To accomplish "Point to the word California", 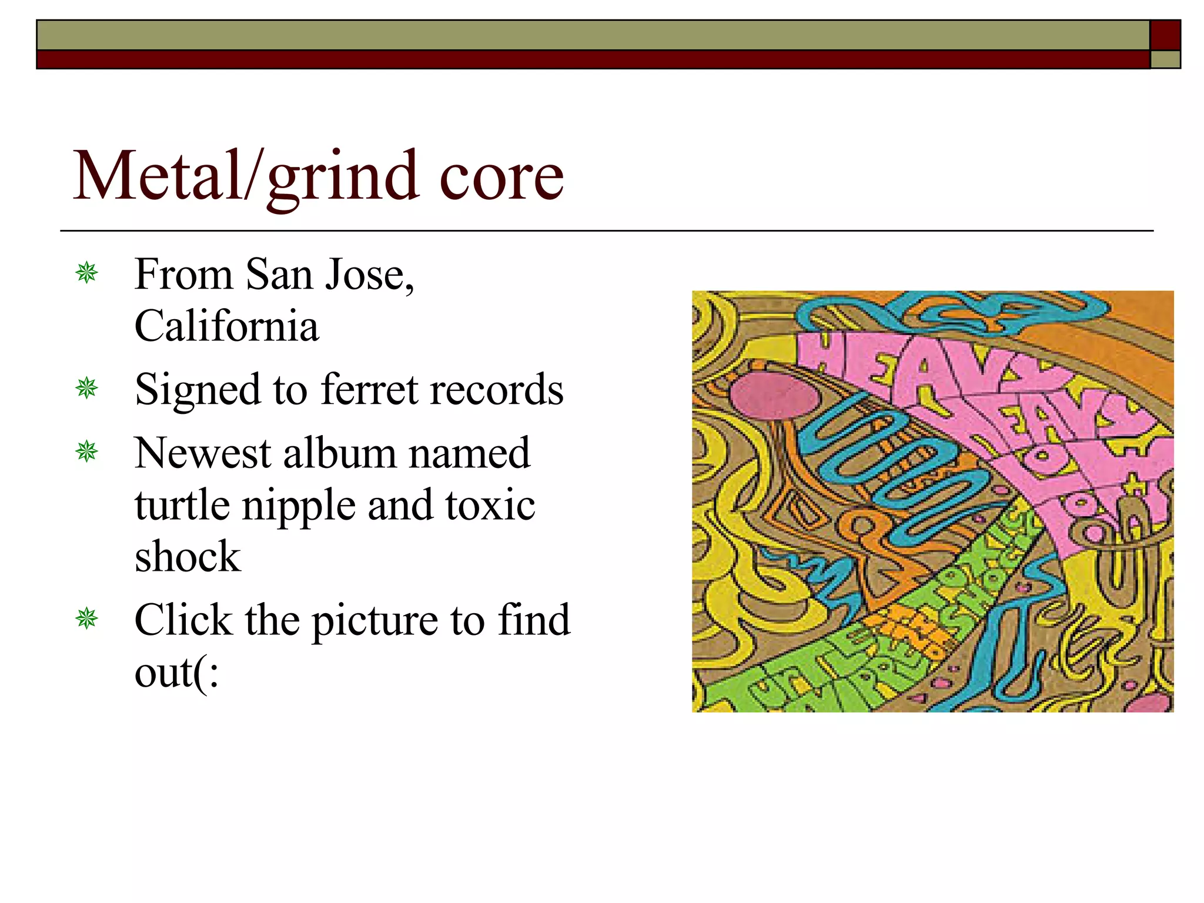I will (x=226, y=326).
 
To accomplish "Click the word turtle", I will (x=182, y=506).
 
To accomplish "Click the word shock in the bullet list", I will (x=188, y=557).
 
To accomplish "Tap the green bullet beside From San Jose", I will (x=87, y=273).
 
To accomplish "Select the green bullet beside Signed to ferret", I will (x=87, y=388).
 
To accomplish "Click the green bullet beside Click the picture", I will (x=87, y=618).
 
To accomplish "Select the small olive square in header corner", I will (x=1165, y=59).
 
